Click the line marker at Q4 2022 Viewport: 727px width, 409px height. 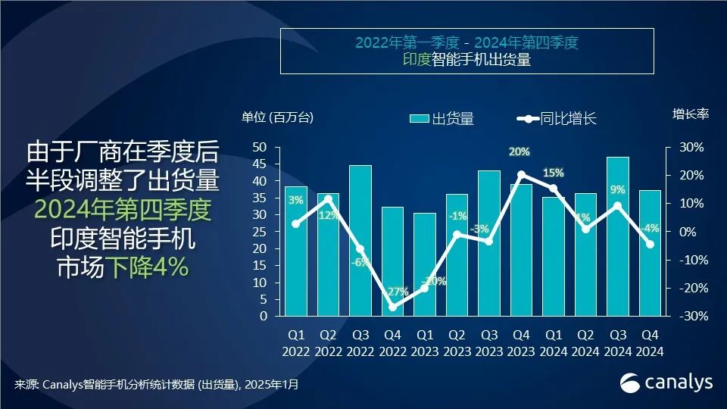pos(392,307)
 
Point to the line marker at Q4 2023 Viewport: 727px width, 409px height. pos(521,175)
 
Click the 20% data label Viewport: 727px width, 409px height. pos(519,152)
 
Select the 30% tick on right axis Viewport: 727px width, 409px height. pos(691,147)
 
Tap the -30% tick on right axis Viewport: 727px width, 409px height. pos(689,317)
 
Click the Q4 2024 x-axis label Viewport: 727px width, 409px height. pos(650,342)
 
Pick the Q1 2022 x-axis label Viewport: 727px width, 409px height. pos(296,342)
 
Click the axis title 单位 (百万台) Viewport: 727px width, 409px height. pos(277,117)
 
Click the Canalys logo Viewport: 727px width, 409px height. pos(666,383)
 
